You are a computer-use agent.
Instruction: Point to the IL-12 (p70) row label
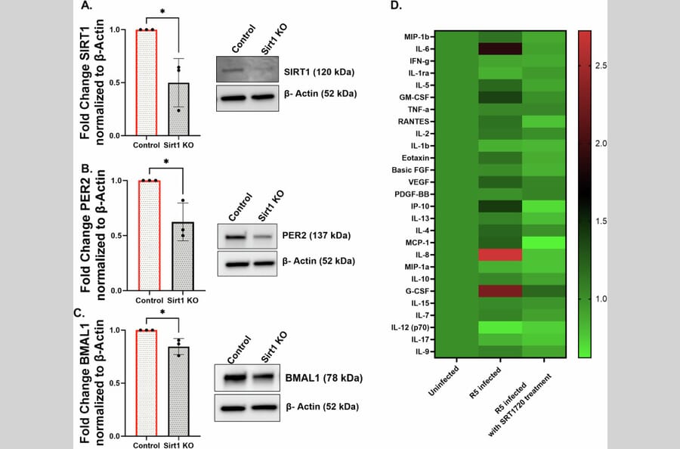coord(411,327)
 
